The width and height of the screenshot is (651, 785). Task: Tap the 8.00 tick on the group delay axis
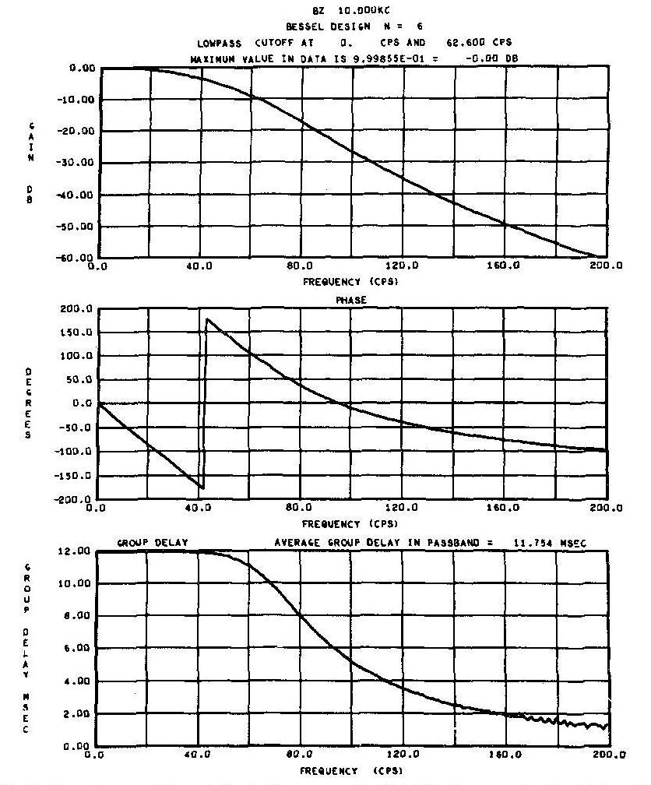click(x=79, y=616)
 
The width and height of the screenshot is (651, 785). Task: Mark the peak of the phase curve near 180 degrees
click(x=206, y=319)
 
